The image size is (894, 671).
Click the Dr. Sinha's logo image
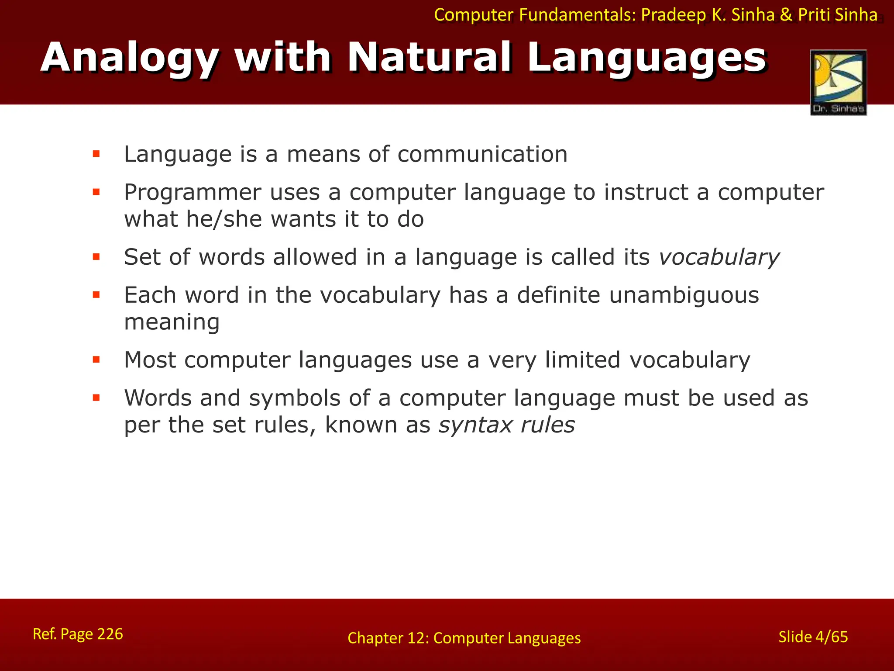click(838, 83)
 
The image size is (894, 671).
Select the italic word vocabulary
click(719, 257)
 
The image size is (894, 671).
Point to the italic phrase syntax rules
click(506, 425)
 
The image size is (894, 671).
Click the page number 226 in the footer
click(110, 634)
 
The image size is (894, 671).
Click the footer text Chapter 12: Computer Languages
click(464, 638)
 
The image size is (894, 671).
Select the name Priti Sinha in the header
click(838, 15)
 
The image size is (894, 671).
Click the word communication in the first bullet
click(482, 154)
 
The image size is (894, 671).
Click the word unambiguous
click(684, 295)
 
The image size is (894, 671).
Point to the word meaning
click(172, 323)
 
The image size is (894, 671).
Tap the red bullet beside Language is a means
click(96, 154)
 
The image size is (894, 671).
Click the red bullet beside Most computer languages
click(96, 360)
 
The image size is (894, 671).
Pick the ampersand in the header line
click(786, 15)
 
